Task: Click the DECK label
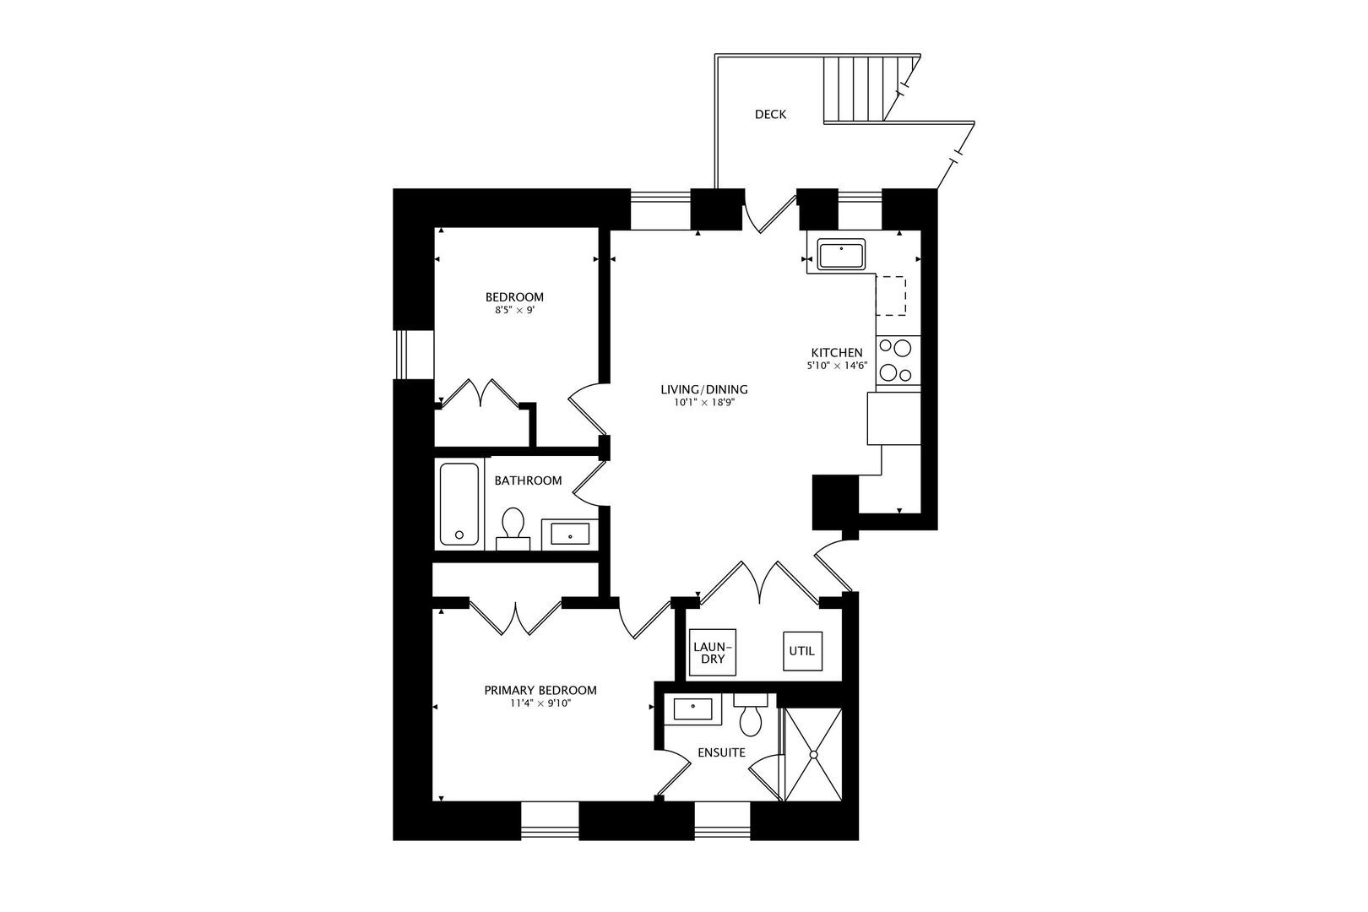tap(770, 114)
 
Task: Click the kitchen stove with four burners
tap(897, 360)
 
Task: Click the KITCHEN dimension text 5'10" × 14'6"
tap(837, 366)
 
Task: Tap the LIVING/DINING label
tap(704, 389)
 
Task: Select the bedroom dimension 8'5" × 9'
tap(514, 310)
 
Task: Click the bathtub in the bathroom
tap(459, 503)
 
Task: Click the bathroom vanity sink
tap(570, 534)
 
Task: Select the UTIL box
tap(802, 651)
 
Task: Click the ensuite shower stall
tap(813, 754)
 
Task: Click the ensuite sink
tap(692, 709)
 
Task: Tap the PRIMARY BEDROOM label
tap(540, 690)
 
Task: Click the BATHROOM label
tap(528, 480)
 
